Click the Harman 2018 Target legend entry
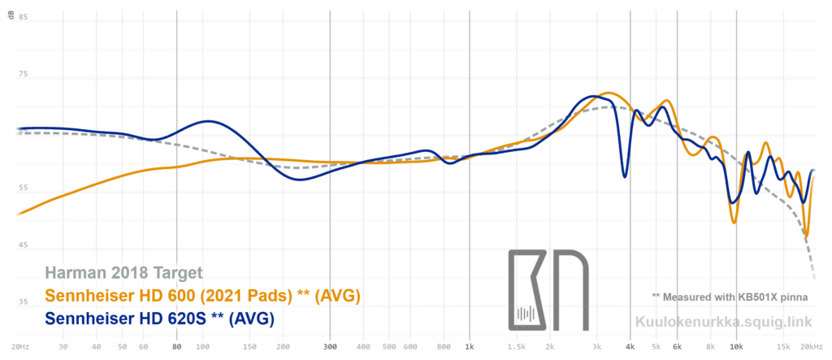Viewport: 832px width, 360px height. [123, 273]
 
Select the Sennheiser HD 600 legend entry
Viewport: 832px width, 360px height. [202, 295]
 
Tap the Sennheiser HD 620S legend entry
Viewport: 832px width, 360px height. [159, 318]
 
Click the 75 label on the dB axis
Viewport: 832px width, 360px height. [23, 75]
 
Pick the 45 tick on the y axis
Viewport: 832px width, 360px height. [23, 245]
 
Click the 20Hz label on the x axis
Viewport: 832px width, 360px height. [24, 347]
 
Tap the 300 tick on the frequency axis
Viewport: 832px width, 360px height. [329, 347]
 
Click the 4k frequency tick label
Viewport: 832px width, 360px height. [630, 347]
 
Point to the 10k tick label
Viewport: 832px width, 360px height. [735, 347]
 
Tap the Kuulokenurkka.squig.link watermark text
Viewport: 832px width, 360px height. [722, 321]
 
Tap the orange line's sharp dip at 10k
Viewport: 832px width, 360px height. [734, 222]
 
